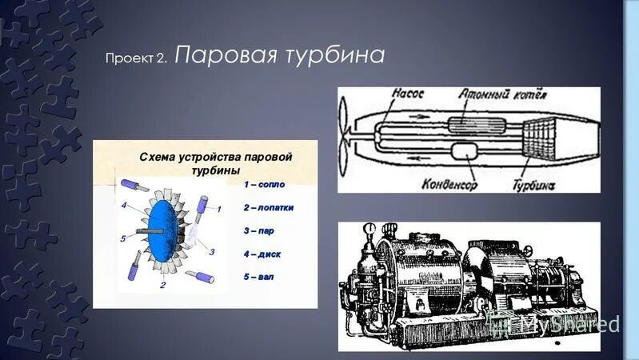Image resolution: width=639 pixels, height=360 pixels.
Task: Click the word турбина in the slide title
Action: (336, 56)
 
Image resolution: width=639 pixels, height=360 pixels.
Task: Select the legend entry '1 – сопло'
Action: (264, 184)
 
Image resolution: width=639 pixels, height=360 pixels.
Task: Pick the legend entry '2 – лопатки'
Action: (268, 207)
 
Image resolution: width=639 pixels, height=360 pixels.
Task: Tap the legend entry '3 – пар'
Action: (262, 230)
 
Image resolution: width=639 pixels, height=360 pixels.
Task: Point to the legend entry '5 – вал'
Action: (261, 277)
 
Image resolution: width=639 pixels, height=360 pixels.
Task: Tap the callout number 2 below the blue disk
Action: (163, 284)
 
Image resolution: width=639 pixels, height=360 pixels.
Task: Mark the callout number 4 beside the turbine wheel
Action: (124, 206)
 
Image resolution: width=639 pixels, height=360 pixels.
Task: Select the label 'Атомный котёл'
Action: (502, 95)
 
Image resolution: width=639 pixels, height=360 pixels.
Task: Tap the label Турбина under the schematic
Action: (534, 185)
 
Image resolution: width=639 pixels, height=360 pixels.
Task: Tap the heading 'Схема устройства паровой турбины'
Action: (216, 163)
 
